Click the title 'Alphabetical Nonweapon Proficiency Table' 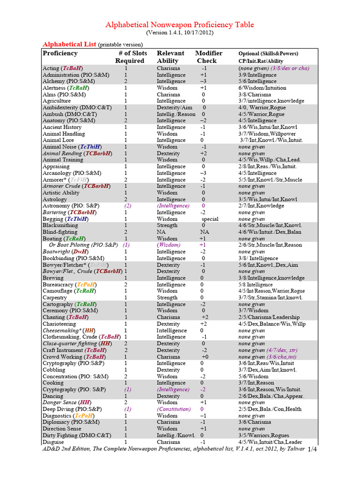(x=180, y=25)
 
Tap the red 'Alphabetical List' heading (x=69, y=44)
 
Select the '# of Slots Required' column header (x=130, y=57)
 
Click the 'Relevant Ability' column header (x=170, y=57)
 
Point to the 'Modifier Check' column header (x=208, y=57)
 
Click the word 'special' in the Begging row (x=210, y=219)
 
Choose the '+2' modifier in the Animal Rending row (x=203, y=153)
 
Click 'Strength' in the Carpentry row (x=167, y=298)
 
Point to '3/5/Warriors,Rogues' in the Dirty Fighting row (x=263, y=435)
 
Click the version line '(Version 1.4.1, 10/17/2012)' (x=180, y=33)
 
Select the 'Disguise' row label (x=53, y=442)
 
